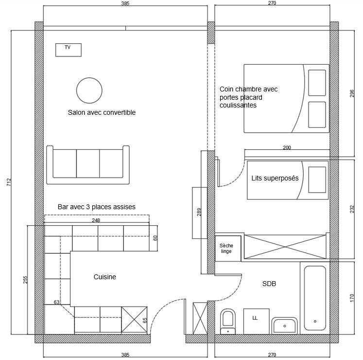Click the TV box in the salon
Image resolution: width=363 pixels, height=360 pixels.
pyautogui.click(x=69, y=50)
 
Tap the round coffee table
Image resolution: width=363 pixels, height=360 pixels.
pyautogui.click(x=89, y=90)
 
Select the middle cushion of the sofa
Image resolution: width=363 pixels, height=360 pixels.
pyautogui.click(x=88, y=163)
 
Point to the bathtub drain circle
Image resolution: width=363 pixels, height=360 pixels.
pyautogui.click(x=315, y=321)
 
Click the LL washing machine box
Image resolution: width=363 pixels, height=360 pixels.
pyautogui.click(x=256, y=321)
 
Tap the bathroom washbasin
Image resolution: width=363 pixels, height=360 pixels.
pyautogui.click(x=284, y=325)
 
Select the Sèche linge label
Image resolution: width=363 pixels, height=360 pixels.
pyautogui.click(x=226, y=248)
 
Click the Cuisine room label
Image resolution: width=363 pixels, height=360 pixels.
pyautogui.click(x=104, y=277)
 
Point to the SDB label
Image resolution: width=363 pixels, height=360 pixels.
pyautogui.click(x=269, y=284)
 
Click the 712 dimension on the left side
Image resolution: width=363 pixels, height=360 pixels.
pyautogui.click(x=9, y=182)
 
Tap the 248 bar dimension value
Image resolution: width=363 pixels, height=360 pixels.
pyautogui.click(x=96, y=220)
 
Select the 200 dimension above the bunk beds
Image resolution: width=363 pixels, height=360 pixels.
pyautogui.click(x=287, y=147)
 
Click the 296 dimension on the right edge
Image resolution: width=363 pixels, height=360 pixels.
pyautogui.click(x=352, y=93)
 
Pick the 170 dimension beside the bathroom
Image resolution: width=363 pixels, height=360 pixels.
pyautogui.click(x=352, y=298)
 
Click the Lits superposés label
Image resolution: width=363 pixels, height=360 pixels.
pyautogui.click(x=275, y=178)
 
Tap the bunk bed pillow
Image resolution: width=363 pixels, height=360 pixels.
pyautogui.click(x=317, y=180)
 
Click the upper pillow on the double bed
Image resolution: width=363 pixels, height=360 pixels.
pyautogui.click(x=317, y=83)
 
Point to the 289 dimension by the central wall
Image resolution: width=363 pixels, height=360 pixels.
pyautogui.click(x=199, y=212)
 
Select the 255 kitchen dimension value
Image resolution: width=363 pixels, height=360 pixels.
pyautogui.click(x=25, y=280)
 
